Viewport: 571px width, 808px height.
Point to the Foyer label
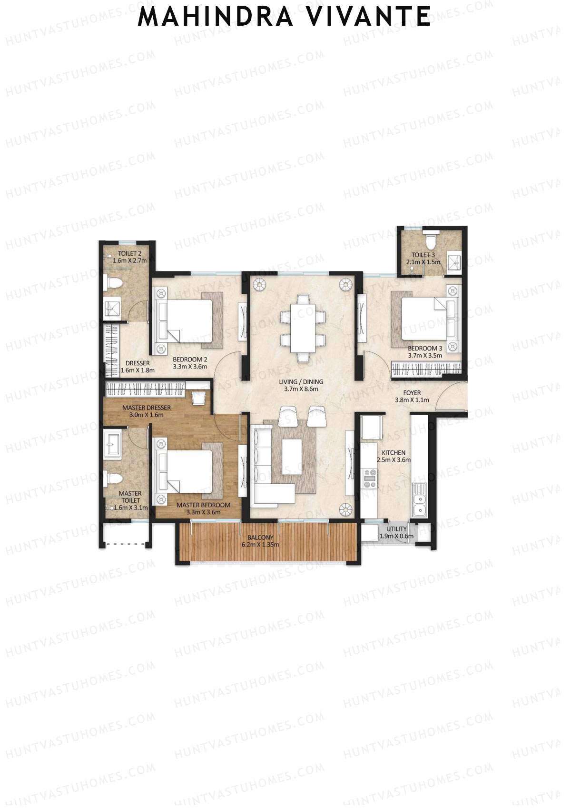[x=412, y=393]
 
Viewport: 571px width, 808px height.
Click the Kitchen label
[x=394, y=453]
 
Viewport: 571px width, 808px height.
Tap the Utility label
[x=396, y=529]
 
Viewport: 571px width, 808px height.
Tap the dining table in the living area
[x=303, y=329]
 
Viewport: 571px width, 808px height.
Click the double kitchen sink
[x=419, y=504]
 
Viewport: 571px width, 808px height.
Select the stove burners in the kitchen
[x=370, y=479]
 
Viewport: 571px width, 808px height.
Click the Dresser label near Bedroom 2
[x=138, y=363]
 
